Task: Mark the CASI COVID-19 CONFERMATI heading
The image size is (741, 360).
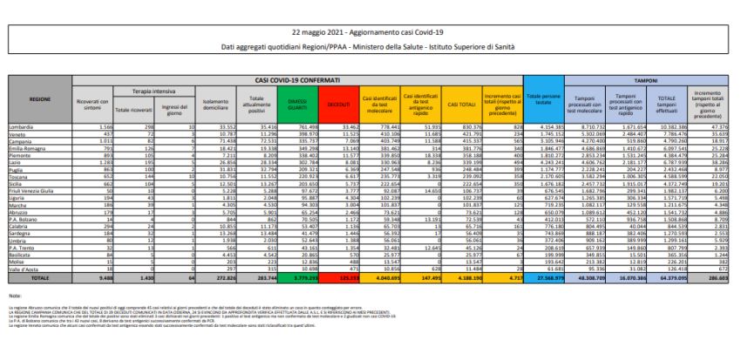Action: (x=309, y=79)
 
